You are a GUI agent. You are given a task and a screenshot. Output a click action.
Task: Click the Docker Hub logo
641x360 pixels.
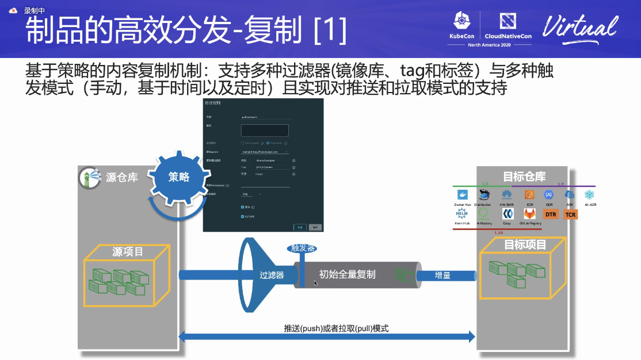coord(461,195)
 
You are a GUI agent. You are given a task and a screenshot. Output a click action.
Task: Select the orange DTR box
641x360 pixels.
coord(551,215)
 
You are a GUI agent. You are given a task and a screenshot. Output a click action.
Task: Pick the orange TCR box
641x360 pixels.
coord(570,215)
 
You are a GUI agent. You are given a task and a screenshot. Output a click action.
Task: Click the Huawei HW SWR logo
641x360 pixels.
coord(507,195)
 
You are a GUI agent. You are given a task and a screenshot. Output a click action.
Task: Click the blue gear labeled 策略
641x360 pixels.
coord(178,177)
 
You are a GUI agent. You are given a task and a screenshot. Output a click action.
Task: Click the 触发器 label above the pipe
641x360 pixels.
coord(302,248)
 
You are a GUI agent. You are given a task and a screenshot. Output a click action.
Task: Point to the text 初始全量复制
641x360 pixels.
coord(347,274)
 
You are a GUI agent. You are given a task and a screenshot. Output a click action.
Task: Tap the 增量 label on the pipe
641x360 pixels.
coord(442,275)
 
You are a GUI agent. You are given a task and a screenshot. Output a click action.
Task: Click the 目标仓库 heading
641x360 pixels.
coord(524,176)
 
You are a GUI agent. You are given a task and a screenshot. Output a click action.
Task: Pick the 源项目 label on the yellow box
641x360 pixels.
coord(128,251)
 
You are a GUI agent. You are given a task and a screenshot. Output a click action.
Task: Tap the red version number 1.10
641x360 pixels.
coord(498,233)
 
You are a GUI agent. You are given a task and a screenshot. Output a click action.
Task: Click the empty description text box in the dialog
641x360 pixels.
coord(264,130)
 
